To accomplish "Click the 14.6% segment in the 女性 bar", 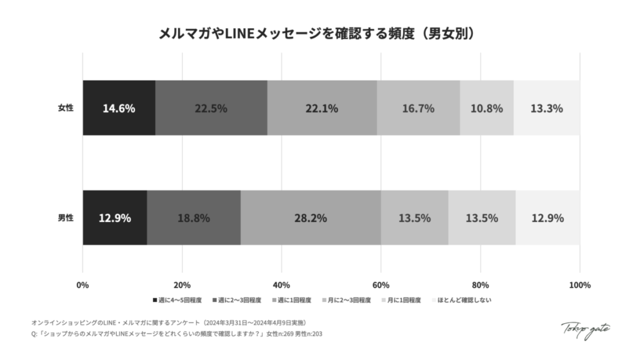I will tap(119, 108).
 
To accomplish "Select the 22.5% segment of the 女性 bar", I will tap(211, 108).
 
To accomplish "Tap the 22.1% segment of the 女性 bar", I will tap(322, 108).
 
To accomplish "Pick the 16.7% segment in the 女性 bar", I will tap(418, 108).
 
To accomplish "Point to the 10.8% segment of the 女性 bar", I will tap(487, 108).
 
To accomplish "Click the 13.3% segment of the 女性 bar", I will tap(546, 108).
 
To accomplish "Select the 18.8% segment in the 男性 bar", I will tap(194, 218).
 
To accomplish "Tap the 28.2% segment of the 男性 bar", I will tap(311, 218).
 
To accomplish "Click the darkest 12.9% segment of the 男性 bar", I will tap(114, 218).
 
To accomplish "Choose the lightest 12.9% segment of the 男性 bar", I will tap(547, 218).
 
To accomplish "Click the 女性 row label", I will tap(66, 108).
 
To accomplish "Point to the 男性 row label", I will tap(66, 218).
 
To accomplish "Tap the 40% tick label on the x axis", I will tap(281, 286).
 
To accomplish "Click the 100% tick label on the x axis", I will tap(579, 286).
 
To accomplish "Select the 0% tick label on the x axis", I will tap(82, 286).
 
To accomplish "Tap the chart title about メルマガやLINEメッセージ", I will tap(319, 33).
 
